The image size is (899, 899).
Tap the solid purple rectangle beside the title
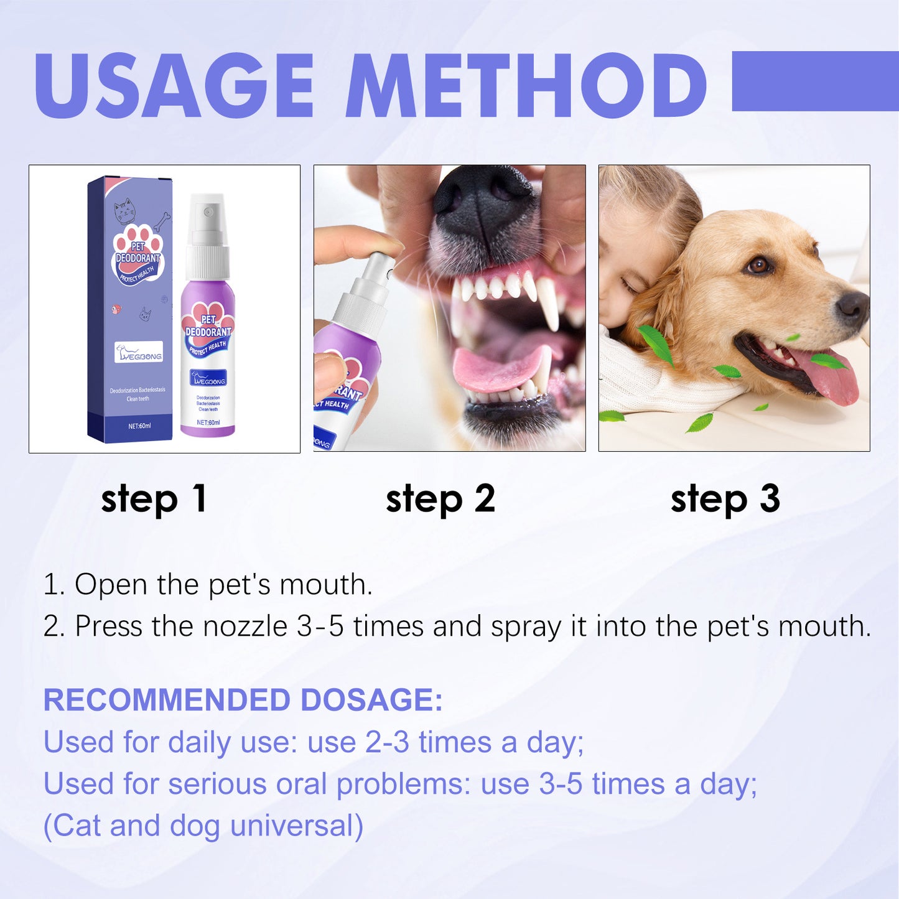[815, 81]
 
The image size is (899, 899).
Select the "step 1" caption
[154, 499]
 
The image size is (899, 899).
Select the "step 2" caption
[440, 499]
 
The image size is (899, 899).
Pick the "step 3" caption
[725, 499]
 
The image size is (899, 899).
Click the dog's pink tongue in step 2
[498, 367]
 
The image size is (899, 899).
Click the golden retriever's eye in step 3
[758, 266]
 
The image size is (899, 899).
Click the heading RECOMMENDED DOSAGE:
[243, 700]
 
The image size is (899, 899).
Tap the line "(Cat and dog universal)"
[203, 826]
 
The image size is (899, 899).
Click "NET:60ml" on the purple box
[139, 426]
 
